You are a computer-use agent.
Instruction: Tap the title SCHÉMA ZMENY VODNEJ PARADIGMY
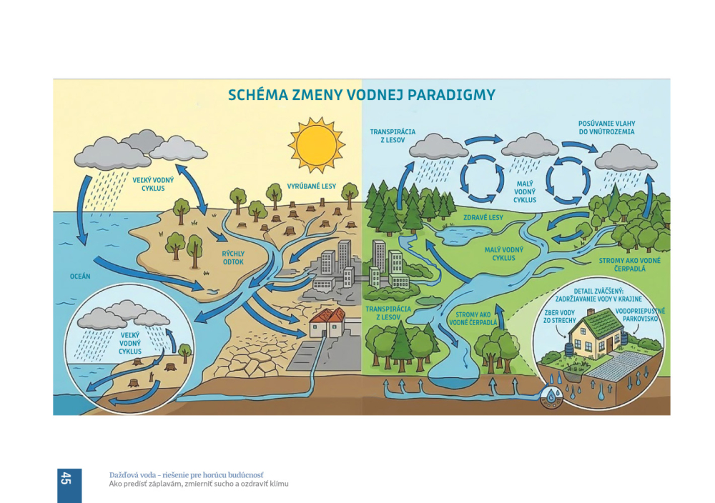(361, 95)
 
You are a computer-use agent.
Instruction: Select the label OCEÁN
(80, 276)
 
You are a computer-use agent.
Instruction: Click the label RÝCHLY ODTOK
(233, 257)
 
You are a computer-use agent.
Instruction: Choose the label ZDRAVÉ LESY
(484, 217)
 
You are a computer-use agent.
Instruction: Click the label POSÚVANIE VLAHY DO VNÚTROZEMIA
(606, 128)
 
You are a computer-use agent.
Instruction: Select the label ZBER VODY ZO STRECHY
(560, 317)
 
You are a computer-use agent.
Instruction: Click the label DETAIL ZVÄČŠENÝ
(599, 295)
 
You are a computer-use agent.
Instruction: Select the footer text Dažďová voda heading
(186, 474)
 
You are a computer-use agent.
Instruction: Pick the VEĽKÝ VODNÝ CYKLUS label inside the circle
(130, 343)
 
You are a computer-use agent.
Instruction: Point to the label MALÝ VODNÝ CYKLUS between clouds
(525, 191)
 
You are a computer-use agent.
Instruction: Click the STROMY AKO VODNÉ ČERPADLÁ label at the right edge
(630, 264)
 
